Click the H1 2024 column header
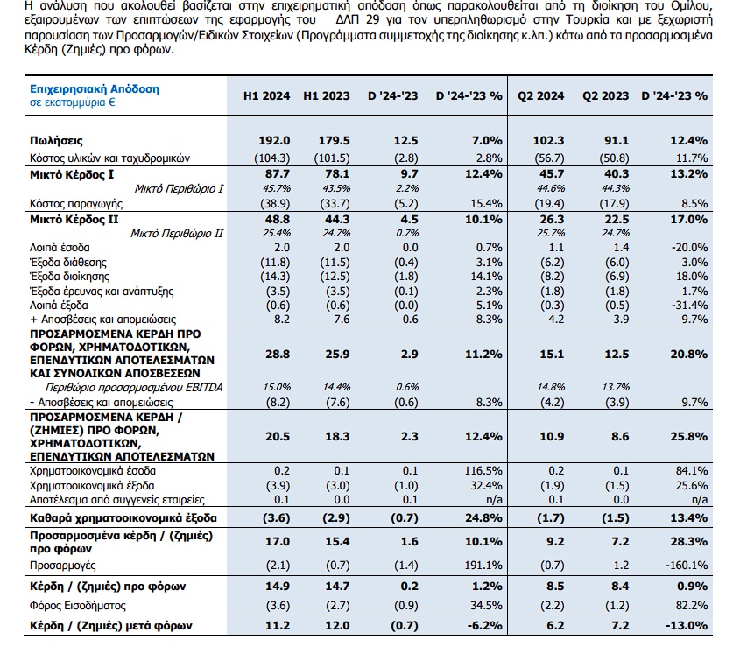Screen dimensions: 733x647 coord(266,95)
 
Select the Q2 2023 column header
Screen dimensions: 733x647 coord(605,95)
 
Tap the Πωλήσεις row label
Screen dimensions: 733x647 coord(56,141)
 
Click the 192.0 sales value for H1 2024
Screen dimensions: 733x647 coord(274,141)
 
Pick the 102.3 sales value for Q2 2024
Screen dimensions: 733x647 coord(549,141)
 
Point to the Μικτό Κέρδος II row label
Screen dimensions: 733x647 coord(74,219)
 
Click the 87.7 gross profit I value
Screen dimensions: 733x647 coord(278,174)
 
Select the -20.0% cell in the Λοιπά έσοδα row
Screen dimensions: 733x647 coord(689,247)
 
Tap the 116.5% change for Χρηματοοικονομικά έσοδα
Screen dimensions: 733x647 coord(483,471)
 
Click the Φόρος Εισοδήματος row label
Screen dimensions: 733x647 coord(78,606)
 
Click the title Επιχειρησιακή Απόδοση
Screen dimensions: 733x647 coord(95,88)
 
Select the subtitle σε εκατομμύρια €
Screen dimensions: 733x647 coord(73,102)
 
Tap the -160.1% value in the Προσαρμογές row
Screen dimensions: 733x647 coord(687,566)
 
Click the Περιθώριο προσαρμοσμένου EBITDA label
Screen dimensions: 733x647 coord(134,388)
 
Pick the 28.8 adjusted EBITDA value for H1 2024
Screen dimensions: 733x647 coord(278,354)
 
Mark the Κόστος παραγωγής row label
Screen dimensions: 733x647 coord(76,204)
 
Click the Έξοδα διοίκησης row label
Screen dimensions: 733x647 coord(70,277)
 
